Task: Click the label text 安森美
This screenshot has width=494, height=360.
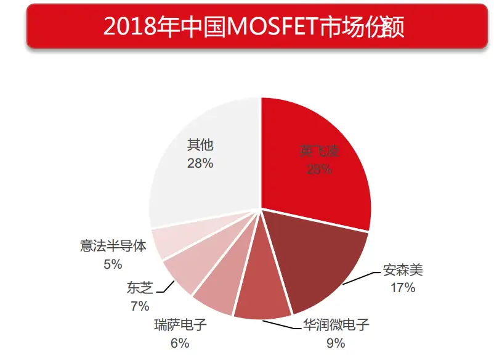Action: [403, 271]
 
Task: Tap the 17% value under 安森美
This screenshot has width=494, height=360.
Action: [403, 287]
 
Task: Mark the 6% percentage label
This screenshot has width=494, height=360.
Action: [180, 343]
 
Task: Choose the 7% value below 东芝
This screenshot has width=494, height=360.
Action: [139, 306]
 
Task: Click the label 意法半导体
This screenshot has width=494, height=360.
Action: [113, 247]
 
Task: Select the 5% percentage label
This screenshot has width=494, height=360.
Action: [113, 264]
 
